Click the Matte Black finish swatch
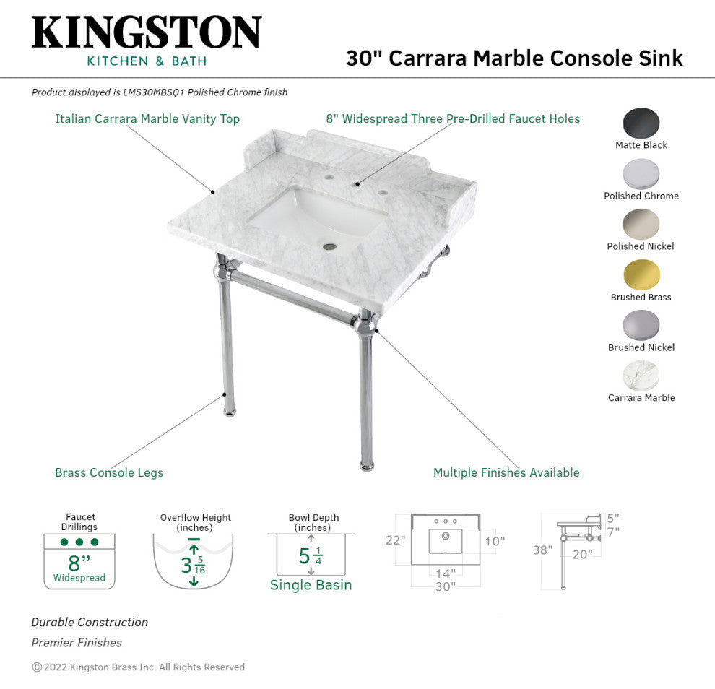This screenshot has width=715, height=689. click(641, 123)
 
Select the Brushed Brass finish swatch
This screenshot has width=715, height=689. click(641, 275)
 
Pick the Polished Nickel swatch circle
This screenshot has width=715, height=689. click(641, 225)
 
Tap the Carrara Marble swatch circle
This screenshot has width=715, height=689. click(641, 376)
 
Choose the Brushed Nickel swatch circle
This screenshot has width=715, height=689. click(641, 326)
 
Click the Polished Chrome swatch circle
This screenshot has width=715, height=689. click(641, 174)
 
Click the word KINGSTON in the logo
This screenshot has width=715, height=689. click(147, 32)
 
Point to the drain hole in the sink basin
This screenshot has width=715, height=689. click(329, 247)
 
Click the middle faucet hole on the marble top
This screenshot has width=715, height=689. click(355, 183)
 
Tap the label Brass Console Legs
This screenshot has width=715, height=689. click(109, 472)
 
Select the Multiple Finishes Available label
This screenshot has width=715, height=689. click(506, 472)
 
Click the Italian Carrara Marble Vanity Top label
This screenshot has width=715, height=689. click(147, 119)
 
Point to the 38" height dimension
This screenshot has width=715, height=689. click(542, 550)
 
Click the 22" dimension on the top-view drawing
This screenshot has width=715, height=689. click(395, 540)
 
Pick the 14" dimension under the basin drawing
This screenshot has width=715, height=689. click(446, 573)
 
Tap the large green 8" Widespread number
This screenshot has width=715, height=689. click(79, 563)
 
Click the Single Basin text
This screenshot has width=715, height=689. click(311, 585)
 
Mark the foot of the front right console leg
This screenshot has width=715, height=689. click(367, 466)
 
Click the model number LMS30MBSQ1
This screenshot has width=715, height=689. click(154, 92)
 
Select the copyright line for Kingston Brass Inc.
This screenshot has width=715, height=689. click(138, 667)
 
